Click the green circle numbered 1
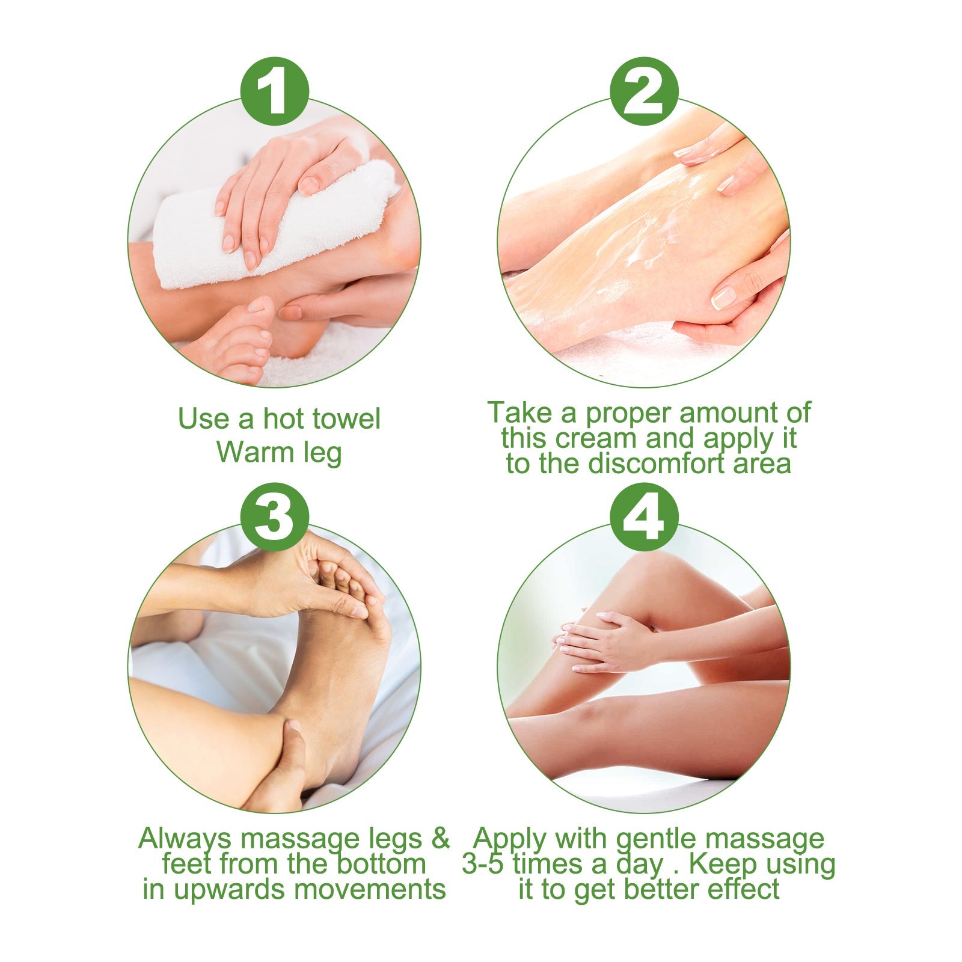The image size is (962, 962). coord(274,91)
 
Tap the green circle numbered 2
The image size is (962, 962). coord(643,91)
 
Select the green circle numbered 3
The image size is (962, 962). coord(274,516)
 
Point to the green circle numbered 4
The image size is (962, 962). coord(643,516)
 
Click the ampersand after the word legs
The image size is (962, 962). coord(440,838)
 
